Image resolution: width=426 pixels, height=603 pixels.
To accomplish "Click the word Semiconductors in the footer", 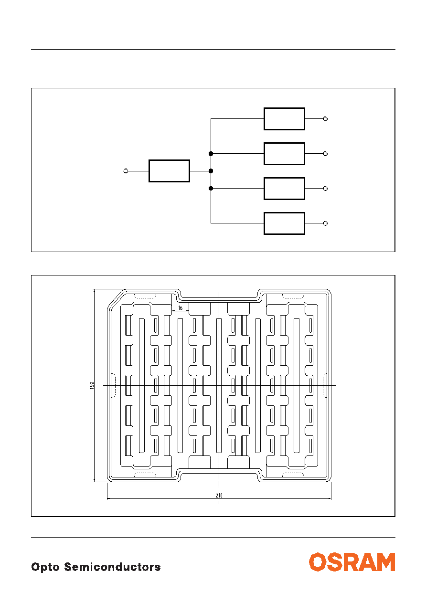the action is (x=112, y=567).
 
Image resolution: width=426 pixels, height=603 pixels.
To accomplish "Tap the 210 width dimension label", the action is (x=219, y=495).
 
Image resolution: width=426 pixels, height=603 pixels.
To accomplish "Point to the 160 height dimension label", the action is (x=92, y=385).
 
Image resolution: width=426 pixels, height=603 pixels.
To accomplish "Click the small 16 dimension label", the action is (x=180, y=307).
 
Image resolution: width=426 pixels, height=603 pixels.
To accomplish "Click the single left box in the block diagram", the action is (x=169, y=171).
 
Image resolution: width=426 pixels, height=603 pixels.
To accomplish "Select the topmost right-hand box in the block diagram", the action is (x=284, y=119).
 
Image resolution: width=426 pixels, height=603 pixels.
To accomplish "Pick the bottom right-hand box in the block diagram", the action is (x=284, y=223).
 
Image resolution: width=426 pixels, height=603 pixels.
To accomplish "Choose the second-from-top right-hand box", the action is (x=284, y=154).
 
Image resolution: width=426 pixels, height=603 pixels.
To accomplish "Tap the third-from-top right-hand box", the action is (x=284, y=189).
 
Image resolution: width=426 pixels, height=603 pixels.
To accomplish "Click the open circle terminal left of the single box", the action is (x=126, y=171).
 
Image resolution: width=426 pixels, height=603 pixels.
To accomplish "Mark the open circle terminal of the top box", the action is (x=325, y=119).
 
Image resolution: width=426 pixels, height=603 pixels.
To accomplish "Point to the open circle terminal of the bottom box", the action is (x=325, y=223).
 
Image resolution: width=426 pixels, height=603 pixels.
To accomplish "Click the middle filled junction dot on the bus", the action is (x=211, y=171).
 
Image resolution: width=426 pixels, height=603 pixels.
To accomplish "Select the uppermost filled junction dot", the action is (x=211, y=153).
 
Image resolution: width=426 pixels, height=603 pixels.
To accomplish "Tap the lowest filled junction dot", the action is (x=211, y=189).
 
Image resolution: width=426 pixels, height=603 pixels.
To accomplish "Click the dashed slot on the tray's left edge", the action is (x=113, y=385).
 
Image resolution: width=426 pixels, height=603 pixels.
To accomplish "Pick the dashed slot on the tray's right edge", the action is (x=325, y=385).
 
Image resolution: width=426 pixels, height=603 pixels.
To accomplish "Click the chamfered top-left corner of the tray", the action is (x=116, y=298).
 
